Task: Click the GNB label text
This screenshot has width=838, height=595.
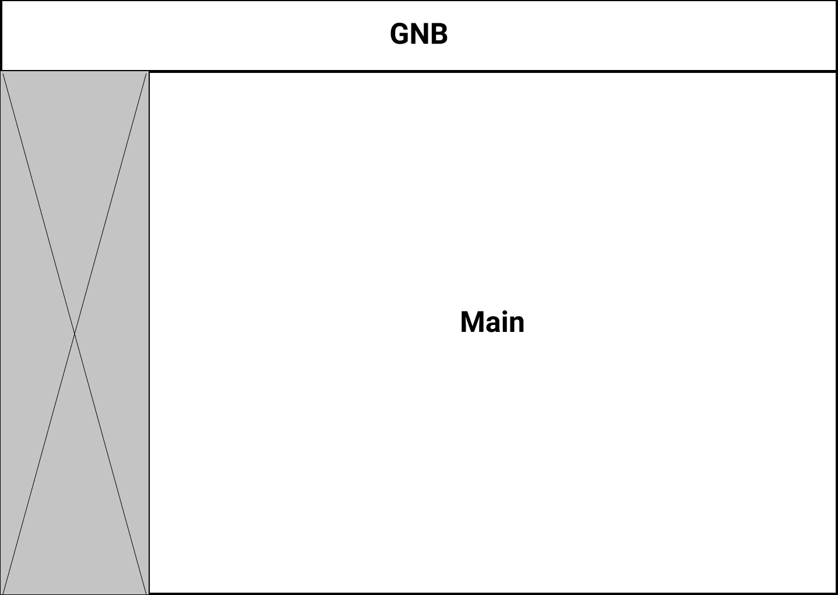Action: pos(418,34)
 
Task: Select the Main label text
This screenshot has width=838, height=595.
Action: pos(492,322)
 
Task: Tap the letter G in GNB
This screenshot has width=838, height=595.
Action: pos(400,34)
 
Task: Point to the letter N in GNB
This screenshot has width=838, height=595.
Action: pos(420,34)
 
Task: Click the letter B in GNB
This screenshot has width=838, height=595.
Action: pos(438,34)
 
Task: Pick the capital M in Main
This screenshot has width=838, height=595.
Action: pos(473,322)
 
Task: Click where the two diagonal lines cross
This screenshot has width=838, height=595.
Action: pos(75,334)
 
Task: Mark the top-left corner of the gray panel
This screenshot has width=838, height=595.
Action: pos(1,72)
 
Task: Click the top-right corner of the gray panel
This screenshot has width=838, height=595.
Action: pos(148,72)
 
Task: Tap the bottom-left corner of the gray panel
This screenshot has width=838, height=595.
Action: pos(1,593)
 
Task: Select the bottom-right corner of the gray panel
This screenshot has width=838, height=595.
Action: pos(148,593)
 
